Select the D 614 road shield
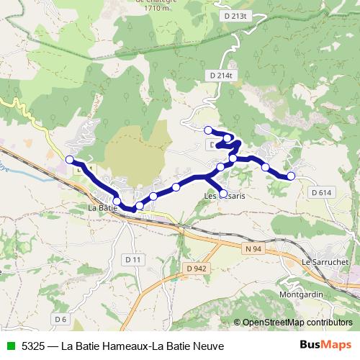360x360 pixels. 322,192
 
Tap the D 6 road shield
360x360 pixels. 60,318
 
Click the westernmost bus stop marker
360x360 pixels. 70,160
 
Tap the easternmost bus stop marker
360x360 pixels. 291,176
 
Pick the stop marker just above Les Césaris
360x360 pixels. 223,193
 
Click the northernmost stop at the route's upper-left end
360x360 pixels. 208,130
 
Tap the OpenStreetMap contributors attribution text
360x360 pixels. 297,323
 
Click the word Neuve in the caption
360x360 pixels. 209,346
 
